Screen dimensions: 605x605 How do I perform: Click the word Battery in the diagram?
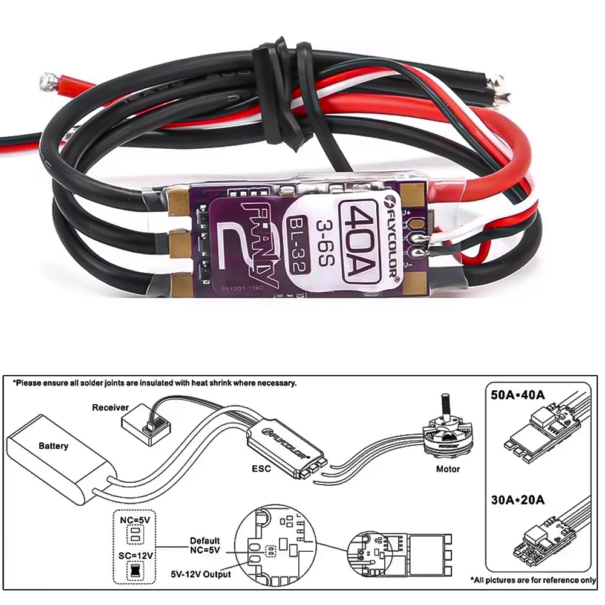[53, 446]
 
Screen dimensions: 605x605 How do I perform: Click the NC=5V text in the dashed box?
[135, 518]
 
